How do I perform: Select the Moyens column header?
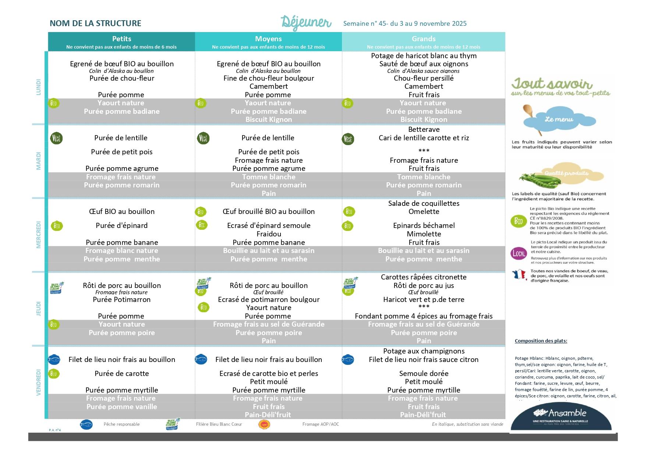268,39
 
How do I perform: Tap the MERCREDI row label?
39,235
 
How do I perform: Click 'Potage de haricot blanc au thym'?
424,56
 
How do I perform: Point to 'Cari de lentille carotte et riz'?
424,138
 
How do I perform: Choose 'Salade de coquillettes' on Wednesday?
424,203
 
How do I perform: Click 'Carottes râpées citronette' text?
424,277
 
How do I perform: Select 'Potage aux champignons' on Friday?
424,351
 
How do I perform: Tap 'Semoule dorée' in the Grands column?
424,373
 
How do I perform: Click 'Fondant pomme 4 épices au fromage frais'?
424,316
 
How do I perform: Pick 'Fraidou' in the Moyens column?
269,234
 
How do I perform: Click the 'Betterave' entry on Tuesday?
424,129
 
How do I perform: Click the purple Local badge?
519,253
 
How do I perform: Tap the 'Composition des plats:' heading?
541,341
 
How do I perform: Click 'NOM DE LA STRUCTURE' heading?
95,23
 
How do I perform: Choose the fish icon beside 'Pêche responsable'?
87,424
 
